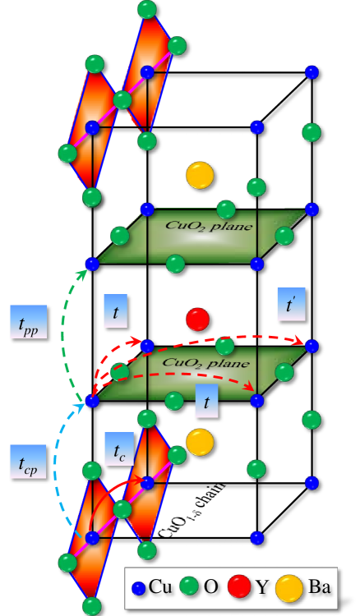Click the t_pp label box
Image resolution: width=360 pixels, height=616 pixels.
pos(28,321)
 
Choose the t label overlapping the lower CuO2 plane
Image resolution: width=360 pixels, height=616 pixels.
pos(206,402)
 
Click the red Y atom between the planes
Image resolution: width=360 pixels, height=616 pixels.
pos(197,319)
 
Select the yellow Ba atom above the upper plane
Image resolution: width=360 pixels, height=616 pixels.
pos(199,175)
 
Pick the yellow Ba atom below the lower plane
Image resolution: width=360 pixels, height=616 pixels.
pos(199,442)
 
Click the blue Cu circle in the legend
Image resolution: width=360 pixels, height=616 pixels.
pos(139,588)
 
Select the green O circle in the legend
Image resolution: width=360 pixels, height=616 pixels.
pos(191,587)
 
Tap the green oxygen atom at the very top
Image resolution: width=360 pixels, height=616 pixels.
pos(147,9)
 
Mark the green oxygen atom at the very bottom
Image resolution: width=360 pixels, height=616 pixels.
pos(91,606)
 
